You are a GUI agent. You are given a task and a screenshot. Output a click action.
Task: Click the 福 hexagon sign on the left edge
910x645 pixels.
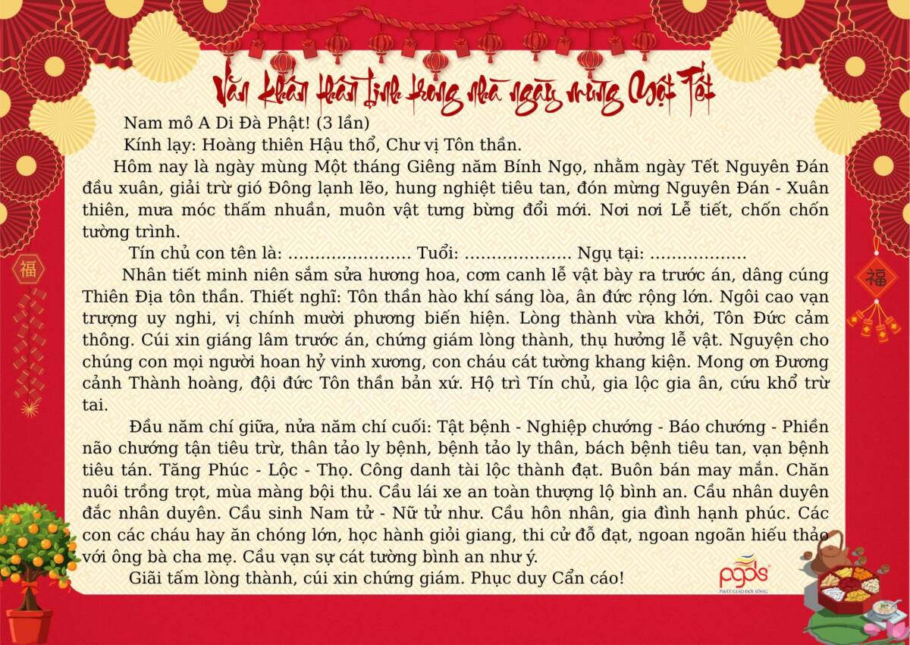[28, 269]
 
